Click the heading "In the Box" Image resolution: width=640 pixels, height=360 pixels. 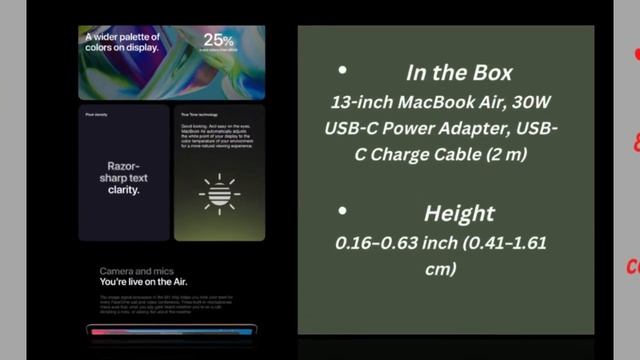point(459,73)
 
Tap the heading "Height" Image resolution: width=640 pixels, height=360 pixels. point(459,213)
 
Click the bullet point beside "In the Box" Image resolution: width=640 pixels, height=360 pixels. point(343,71)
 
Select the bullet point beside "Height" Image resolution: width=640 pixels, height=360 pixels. point(343,212)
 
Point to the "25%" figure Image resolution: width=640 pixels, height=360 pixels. point(218,41)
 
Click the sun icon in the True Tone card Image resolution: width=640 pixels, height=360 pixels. point(219,192)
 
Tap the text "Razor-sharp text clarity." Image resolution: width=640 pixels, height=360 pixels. point(122,177)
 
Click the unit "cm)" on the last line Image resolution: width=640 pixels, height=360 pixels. point(440,268)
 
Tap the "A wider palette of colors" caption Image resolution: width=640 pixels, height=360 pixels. point(121,41)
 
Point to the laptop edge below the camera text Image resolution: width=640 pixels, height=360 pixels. point(170,330)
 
